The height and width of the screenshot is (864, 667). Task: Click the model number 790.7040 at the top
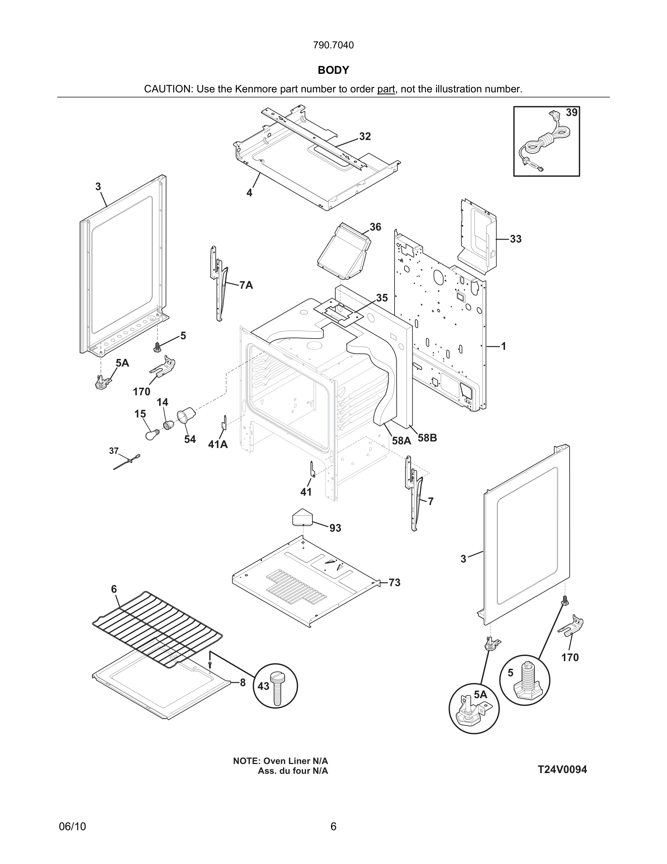click(333, 45)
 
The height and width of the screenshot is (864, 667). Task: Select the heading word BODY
click(333, 70)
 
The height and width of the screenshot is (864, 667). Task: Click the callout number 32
click(365, 136)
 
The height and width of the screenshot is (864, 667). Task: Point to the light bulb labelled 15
click(151, 435)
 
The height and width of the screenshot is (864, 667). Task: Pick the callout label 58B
click(427, 438)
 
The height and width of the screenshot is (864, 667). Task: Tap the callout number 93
click(335, 528)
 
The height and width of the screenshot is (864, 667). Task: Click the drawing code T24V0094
click(562, 769)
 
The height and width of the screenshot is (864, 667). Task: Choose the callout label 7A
click(246, 285)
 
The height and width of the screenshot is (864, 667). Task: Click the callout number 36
click(375, 227)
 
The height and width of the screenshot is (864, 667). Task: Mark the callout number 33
click(515, 239)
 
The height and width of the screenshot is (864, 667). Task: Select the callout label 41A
click(218, 445)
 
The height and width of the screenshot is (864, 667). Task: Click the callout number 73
click(395, 583)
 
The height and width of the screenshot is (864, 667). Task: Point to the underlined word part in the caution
click(386, 89)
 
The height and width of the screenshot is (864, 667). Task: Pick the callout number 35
click(382, 298)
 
